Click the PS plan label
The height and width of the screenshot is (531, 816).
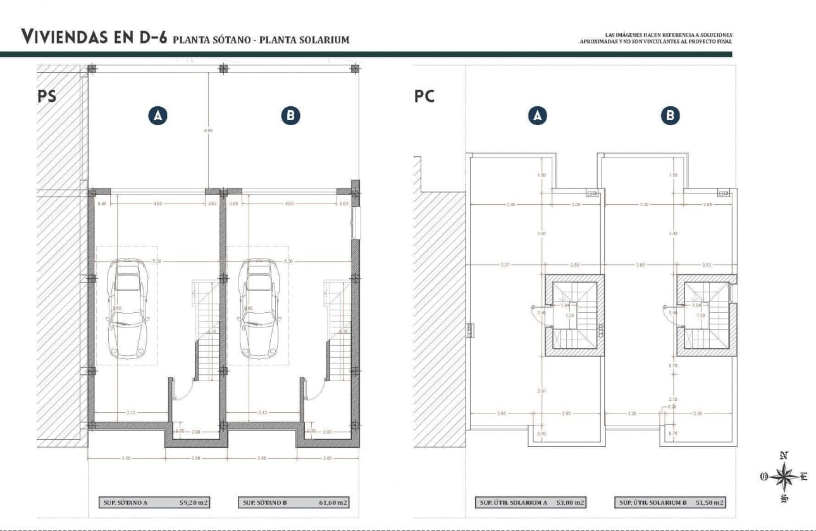click(47, 96)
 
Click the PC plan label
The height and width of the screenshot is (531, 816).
click(424, 96)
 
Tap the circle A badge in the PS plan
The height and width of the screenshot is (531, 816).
click(158, 116)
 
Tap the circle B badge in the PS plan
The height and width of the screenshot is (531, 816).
click(290, 116)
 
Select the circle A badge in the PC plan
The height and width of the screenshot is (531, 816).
click(537, 116)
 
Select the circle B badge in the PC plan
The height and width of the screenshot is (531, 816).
click(670, 116)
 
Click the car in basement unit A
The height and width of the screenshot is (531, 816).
click(128, 307)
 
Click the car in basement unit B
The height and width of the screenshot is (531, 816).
click(260, 307)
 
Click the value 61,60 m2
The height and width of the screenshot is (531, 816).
click(333, 503)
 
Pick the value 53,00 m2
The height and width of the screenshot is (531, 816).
click(570, 503)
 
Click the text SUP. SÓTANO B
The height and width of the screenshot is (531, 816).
click(264, 503)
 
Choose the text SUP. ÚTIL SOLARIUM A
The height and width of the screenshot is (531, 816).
click(514, 503)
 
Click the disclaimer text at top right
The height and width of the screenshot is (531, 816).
click(655, 38)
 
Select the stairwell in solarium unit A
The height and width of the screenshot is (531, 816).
click(574, 314)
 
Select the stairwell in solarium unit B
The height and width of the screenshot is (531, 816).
click(706, 314)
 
